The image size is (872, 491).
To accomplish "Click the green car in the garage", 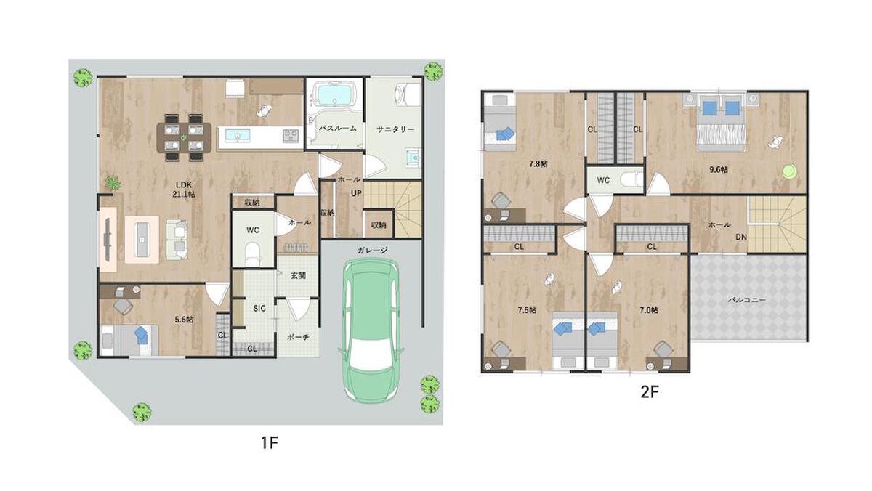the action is [x=371, y=330].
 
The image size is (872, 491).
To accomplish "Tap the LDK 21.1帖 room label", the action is [x=184, y=190].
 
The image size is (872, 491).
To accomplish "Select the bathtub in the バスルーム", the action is [x=335, y=95].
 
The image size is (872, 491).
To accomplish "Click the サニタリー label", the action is [x=395, y=129].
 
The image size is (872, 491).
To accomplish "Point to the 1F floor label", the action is [x=270, y=442].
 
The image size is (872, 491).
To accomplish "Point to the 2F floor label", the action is [x=650, y=391].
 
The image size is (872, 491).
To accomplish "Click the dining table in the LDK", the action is [x=184, y=137].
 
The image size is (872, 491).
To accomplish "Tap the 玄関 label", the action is [x=299, y=275].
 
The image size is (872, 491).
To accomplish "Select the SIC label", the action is [x=259, y=309].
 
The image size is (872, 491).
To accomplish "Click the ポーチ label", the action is [x=298, y=337].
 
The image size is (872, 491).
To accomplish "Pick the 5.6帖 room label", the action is [x=184, y=320].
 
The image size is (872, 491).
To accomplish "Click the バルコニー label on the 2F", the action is [x=747, y=300].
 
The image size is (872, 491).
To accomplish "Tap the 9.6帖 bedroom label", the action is [x=719, y=170].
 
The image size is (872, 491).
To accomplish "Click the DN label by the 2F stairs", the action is [x=741, y=237].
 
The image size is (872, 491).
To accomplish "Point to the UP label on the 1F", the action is [x=356, y=193].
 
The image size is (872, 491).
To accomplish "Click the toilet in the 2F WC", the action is [x=631, y=180].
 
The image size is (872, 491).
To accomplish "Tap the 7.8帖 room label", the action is [x=538, y=164].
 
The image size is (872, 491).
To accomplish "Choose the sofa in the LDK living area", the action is [x=177, y=239].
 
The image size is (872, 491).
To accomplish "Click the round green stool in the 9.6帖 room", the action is [x=789, y=171].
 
